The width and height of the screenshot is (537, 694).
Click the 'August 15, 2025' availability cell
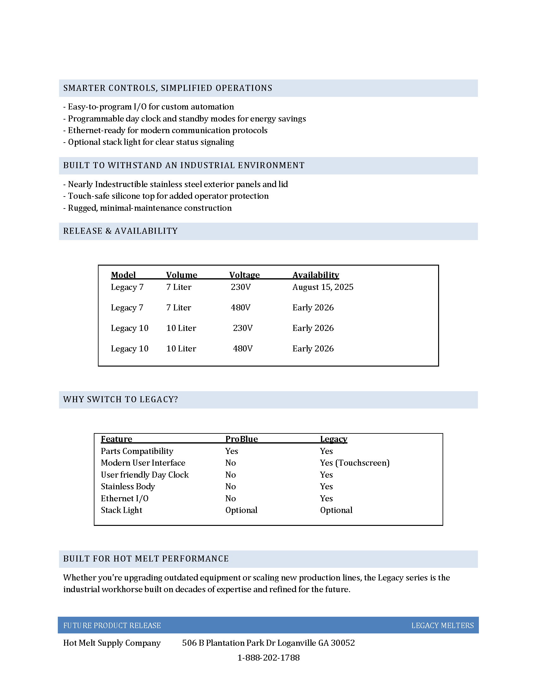click(x=323, y=287)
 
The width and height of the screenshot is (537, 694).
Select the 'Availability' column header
click(x=316, y=275)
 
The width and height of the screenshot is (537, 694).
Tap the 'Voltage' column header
click(x=244, y=275)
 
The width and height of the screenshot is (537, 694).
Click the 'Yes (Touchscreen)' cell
click(x=354, y=463)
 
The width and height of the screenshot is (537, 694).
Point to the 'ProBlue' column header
click(x=241, y=439)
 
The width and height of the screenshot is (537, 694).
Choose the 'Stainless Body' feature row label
click(x=128, y=486)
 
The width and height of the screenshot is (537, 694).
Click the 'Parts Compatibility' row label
click(x=137, y=451)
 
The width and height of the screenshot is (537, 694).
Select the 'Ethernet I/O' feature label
click(x=124, y=498)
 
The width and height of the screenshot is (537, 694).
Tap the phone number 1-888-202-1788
click(x=268, y=658)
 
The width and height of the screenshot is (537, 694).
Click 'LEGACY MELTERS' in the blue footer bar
click(x=442, y=626)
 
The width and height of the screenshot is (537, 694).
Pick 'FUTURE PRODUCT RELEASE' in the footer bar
click(x=112, y=626)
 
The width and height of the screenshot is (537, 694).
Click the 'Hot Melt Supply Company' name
click(x=112, y=643)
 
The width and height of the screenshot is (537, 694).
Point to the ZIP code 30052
click(x=343, y=643)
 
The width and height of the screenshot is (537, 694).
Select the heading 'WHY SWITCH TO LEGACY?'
click(x=121, y=399)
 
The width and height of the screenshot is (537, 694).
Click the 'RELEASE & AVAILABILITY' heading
click(x=120, y=231)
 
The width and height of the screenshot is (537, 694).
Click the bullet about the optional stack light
click(x=148, y=142)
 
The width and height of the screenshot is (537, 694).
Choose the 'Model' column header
click(x=123, y=275)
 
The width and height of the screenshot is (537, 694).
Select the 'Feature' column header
click(x=116, y=439)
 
